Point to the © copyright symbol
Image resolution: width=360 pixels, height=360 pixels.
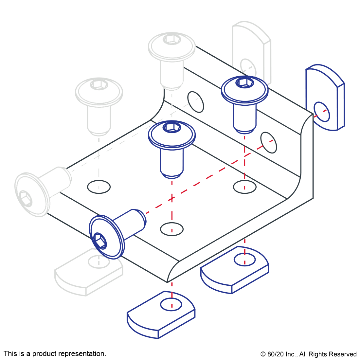[x=263, y=354]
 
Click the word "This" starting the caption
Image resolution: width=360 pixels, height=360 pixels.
[x=10, y=353]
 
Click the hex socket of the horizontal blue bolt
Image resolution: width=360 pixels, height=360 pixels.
[x=99, y=241]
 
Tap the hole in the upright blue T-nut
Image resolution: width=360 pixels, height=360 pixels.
[x=322, y=112]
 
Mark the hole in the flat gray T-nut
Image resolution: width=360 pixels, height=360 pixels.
[x=99, y=262]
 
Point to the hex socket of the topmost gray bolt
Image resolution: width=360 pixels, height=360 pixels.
[x=172, y=40]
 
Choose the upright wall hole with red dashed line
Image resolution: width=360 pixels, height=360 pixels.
[x=269, y=143]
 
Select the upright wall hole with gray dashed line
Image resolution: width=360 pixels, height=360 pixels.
[x=196, y=102]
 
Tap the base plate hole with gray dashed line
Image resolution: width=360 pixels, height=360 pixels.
[x=99, y=187]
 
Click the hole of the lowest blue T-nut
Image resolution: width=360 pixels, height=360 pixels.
[x=171, y=305]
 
